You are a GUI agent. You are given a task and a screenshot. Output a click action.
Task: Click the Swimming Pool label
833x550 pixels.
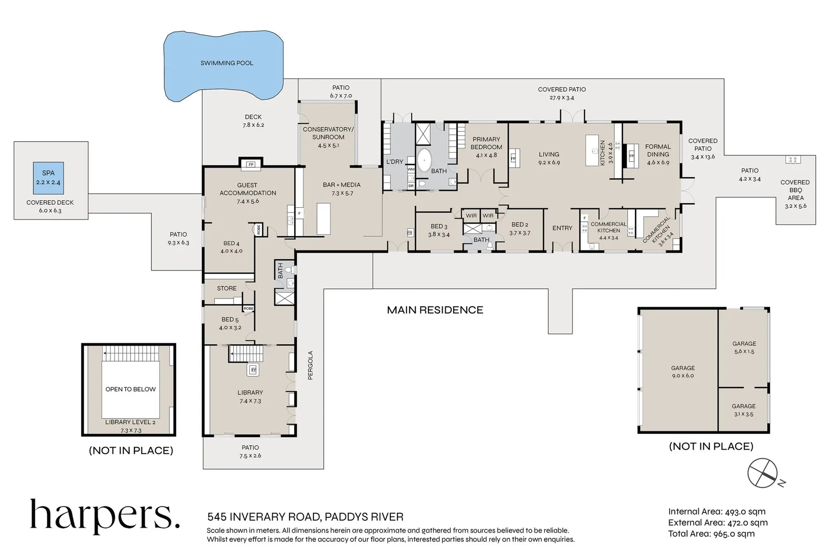(226, 63)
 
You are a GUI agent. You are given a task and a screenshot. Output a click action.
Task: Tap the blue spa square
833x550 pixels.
(48, 178)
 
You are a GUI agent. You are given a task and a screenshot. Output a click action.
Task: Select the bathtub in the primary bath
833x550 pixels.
(424, 159)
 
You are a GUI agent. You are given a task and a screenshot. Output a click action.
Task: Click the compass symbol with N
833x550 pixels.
(763, 473)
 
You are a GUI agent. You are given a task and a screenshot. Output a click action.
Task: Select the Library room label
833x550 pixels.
(250, 393)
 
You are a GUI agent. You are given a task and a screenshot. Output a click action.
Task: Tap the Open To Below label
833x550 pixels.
(130, 389)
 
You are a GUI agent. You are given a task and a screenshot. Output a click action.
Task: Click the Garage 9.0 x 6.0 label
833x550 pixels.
(682, 371)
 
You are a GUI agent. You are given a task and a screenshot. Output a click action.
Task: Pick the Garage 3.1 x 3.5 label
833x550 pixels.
(743, 410)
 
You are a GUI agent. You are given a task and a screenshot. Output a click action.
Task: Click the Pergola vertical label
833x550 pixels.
(310, 365)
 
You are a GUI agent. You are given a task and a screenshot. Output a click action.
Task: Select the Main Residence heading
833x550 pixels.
(435, 310)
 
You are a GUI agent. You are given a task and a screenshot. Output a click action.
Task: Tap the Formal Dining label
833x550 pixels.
(658, 151)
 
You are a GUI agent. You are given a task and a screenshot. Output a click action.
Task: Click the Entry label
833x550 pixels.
(562, 228)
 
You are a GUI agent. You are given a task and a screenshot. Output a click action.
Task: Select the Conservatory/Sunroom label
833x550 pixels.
(328, 133)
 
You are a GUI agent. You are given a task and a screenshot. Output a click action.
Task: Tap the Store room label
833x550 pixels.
(226, 288)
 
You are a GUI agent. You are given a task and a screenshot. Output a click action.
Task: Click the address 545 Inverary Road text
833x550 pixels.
(305, 517)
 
